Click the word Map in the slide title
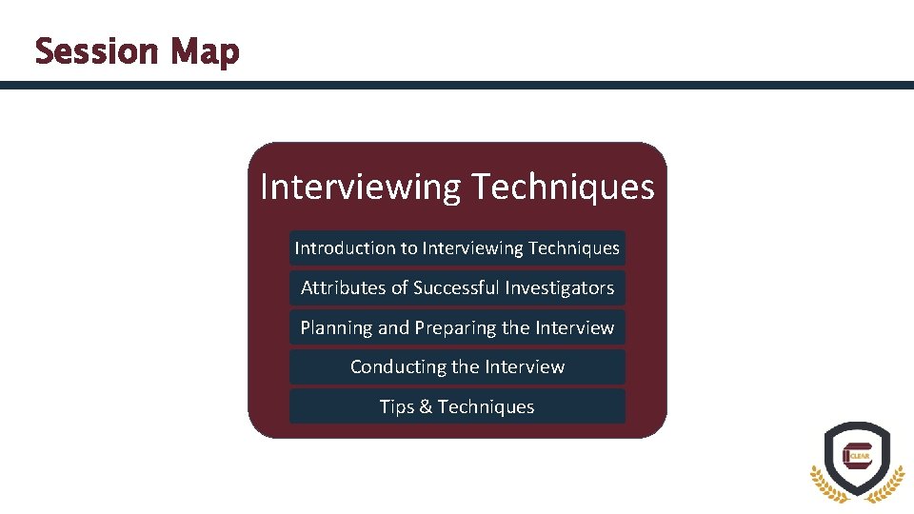pyautogui.click(x=206, y=52)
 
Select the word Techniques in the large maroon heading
pyautogui.click(x=563, y=188)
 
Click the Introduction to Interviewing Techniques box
pyautogui.click(x=457, y=248)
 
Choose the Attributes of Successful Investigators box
pyautogui.click(x=457, y=287)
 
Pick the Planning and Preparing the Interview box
pyautogui.click(x=457, y=327)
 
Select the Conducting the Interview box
pyautogui.click(x=457, y=366)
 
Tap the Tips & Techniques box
pyautogui.click(x=457, y=406)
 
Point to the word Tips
pyautogui.click(x=396, y=407)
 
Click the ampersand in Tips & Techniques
pyautogui.click(x=426, y=407)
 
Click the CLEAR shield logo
pyautogui.click(x=857, y=457)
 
